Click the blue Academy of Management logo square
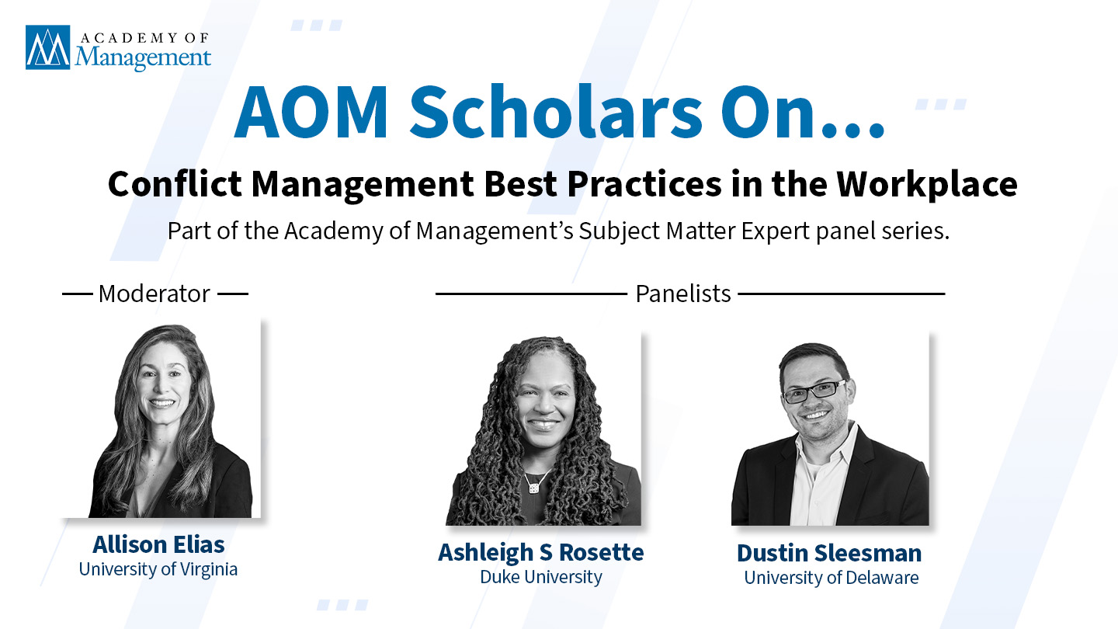(48, 47)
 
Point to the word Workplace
(927, 185)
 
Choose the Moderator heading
(155, 294)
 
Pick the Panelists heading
(682, 294)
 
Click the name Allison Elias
(158, 544)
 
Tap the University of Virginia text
(158, 570)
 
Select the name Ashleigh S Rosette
(541, 553)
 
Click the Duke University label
(541, 577)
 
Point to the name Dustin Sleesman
(829, 553)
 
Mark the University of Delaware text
(832, 578)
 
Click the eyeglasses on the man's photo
(814, 391)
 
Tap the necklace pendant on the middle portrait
(533, 488)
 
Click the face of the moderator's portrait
(162, 382)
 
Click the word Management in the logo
(143, 57)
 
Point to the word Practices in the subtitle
(644, 184)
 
